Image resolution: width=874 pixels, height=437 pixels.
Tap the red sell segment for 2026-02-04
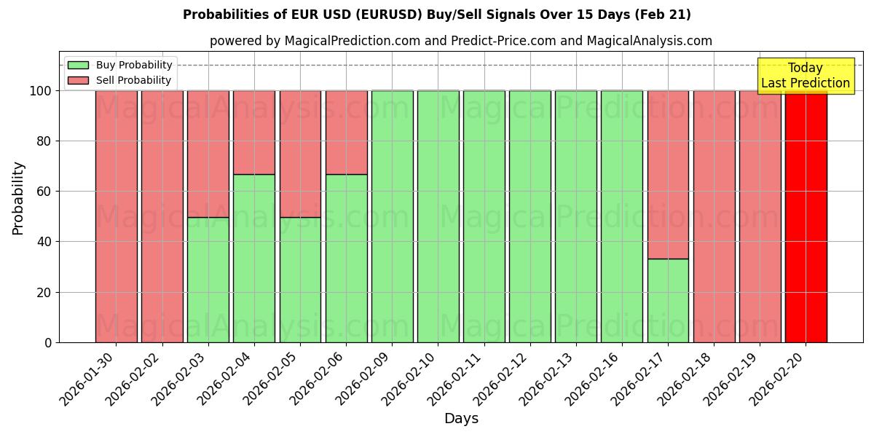point(254,132)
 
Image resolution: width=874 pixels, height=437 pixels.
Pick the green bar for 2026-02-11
point(484,216)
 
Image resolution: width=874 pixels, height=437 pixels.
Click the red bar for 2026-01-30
point(116,216)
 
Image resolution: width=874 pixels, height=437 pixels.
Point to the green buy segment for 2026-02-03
point(208,280)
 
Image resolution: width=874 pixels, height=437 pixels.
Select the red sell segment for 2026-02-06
point(346,132)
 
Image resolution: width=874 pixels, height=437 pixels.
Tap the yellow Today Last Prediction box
point(805,76)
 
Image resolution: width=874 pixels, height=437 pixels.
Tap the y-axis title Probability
point(18,198)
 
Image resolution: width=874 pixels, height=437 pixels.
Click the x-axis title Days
point(461,419)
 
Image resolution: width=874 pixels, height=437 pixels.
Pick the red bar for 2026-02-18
point(714,216)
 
